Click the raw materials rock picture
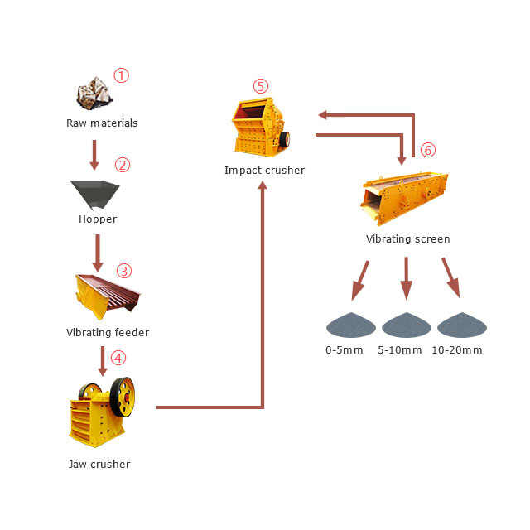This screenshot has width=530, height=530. point(94,93)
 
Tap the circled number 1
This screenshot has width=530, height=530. point(122,76)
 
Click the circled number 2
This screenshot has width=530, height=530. point(123,164)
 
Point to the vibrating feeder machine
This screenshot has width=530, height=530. point(106,294)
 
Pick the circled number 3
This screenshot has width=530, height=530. point(123,271)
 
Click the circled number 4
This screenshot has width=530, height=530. point(119,358)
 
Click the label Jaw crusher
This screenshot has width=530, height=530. point(99,464)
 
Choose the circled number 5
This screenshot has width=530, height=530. point(261,86)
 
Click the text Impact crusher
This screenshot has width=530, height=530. point(264,171)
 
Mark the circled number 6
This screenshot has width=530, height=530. point(427,150)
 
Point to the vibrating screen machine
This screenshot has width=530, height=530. point(403,197)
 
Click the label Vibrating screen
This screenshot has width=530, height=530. point(407,239)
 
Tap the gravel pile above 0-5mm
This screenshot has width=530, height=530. point(351,325)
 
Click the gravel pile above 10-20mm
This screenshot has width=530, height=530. point(461,325)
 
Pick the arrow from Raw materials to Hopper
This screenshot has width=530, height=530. point(94,155)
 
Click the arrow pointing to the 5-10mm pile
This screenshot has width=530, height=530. point(406,278)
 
